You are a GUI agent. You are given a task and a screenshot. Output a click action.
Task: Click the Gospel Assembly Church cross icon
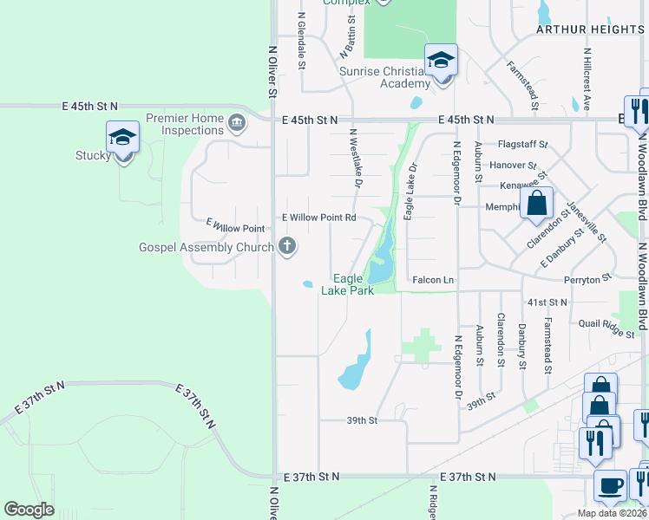click(287, 248)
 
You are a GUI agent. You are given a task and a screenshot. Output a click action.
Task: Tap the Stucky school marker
click(122, 139)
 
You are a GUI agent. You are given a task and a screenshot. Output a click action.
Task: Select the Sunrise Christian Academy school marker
click(441, 61)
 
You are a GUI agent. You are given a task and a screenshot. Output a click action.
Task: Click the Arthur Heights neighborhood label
click(590, 29)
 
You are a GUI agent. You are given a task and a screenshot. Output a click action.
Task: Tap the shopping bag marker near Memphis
click(537, 205)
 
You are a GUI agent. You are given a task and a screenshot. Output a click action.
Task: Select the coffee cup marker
click(610, 486)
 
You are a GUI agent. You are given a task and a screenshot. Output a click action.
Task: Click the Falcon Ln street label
click(433, 280)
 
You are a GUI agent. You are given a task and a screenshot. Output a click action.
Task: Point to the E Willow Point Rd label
click(318, 218)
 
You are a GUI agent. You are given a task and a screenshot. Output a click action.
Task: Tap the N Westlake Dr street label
click(354, 158)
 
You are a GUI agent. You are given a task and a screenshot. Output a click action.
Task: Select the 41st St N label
click(547, 302)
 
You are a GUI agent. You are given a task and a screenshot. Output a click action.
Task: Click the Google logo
click(29, 510)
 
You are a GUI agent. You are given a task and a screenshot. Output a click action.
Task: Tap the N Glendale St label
click(302, 39)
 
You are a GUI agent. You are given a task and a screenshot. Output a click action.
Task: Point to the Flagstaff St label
click(523, 144)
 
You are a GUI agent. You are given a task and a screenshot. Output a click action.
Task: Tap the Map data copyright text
click(612, 513)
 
